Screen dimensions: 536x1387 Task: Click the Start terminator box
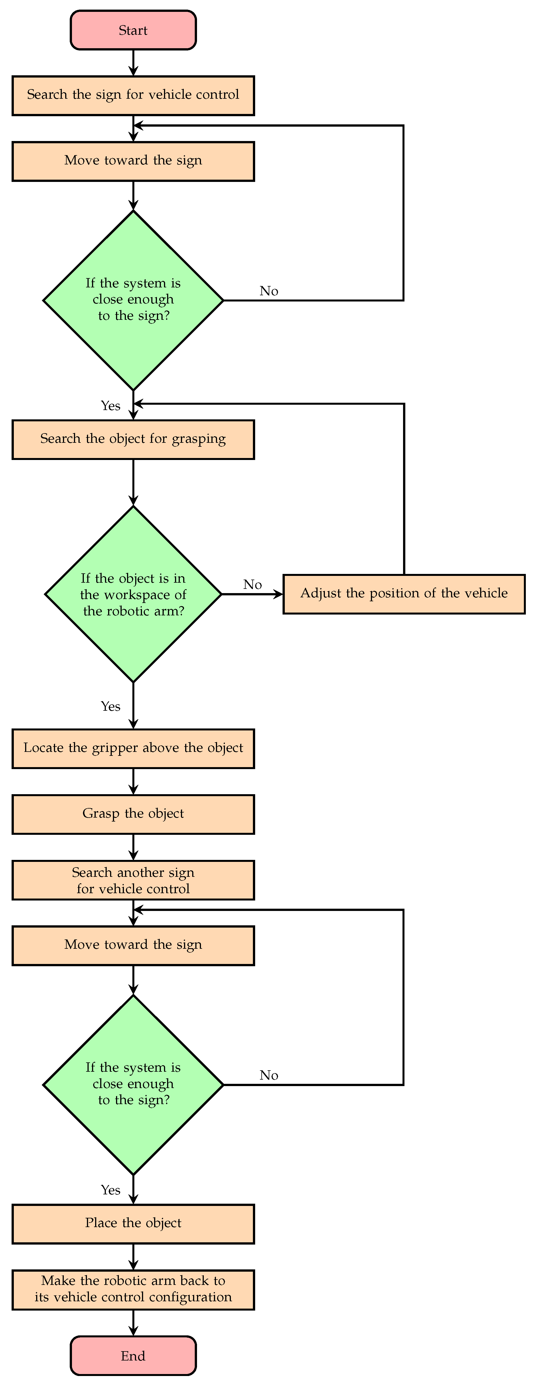(133, 30)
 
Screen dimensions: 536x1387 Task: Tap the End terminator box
(133, 1356)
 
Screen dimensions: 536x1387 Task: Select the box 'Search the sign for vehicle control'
(133, 95)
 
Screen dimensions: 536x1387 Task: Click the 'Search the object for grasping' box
(133, 439)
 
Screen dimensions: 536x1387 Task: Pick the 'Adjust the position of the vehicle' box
(404, 594)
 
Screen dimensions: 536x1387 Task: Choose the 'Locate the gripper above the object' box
(133, 748)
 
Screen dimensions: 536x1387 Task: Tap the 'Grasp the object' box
(133, 814)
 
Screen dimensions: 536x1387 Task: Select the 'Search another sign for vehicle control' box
(133, 880)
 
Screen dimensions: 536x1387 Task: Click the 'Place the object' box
(133, 1224)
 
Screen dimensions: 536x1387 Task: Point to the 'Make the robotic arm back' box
(133, 1290)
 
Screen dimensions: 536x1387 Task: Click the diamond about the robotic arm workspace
(133, 594)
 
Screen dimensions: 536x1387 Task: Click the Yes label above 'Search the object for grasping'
(110, 406)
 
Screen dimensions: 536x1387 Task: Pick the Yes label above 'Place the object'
(110, 1190)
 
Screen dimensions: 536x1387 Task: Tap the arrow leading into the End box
(133, 1323)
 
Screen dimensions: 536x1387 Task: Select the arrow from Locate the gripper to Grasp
(133, 781)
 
